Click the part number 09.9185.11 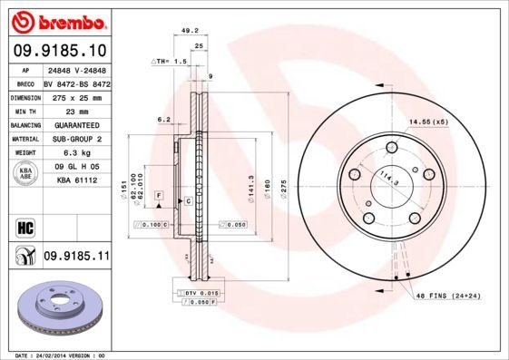tap(75, 258)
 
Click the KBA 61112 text tap(75, 181)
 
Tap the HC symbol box tap(24, 227)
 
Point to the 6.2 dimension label tap(164, 119)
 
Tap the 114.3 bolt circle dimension tap(389, 180)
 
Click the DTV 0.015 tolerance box tap(201, 295)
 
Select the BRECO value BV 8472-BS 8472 tap(74, 82)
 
